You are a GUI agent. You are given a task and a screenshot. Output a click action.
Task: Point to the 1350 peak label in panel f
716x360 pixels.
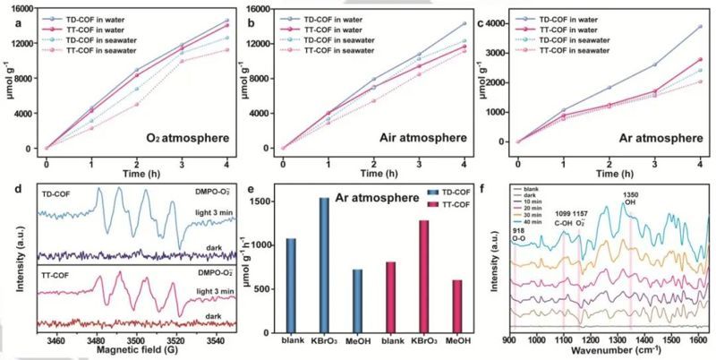pyautogui.click(x=631, y=191)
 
